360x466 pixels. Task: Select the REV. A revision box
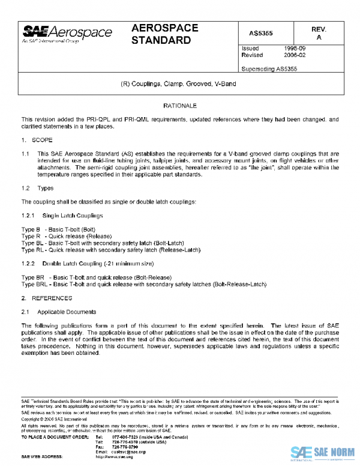[x=319, y=34]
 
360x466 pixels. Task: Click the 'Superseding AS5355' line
[x=269, y=68]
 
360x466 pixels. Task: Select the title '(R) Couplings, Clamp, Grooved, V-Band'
[x=180, y=84]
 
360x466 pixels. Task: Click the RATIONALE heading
[x=180, y=106]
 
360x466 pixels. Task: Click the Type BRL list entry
[x=143, y=284]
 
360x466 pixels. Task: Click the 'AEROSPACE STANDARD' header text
[x=162, y=34]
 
